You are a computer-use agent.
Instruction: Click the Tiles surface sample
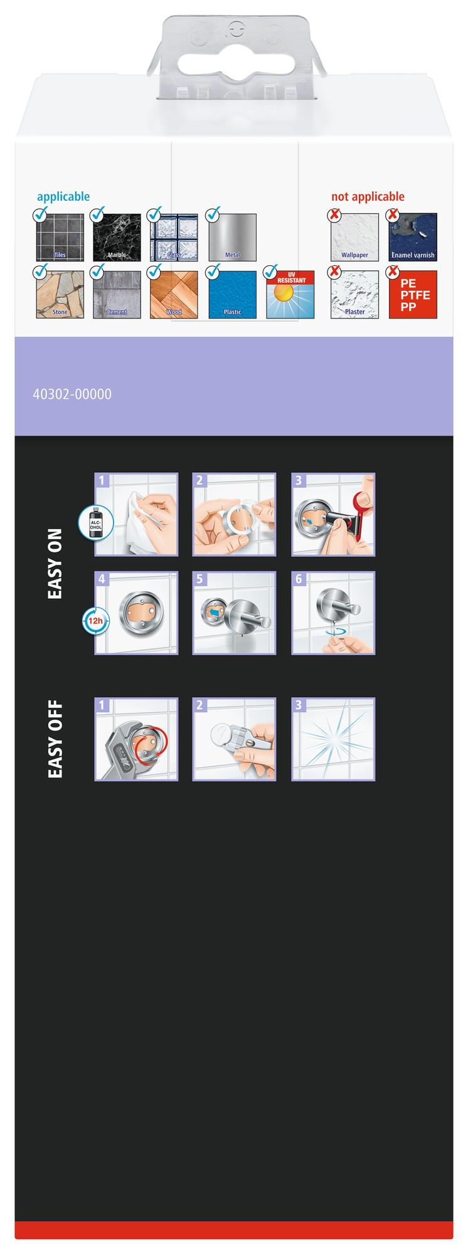tap(60, 237)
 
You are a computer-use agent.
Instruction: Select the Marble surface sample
tap(117, 237)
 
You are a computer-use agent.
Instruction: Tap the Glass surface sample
tap(174, 237)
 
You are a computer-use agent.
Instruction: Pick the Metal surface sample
tap(232, 237)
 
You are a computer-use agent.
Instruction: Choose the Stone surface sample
tap(60, 294)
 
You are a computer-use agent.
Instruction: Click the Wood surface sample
tap(174, 294)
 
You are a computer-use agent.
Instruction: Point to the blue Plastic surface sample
tap(232, 294)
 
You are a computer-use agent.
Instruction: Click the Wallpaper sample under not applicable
tap(354, 237)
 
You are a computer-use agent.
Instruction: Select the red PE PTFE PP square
tap(413, 294)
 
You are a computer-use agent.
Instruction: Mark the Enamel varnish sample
tap(413, 237)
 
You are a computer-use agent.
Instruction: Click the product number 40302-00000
tap(72, 394)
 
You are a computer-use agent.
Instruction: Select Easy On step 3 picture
tap(333, 514)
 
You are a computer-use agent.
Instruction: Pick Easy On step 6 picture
tap(333, 613)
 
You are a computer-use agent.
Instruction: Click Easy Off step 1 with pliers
tap(136, 739)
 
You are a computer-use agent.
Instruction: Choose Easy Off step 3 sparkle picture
tap(333, 739)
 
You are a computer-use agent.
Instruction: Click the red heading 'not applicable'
tap(368, 196)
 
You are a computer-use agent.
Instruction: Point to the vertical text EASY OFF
tap(55, 740)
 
